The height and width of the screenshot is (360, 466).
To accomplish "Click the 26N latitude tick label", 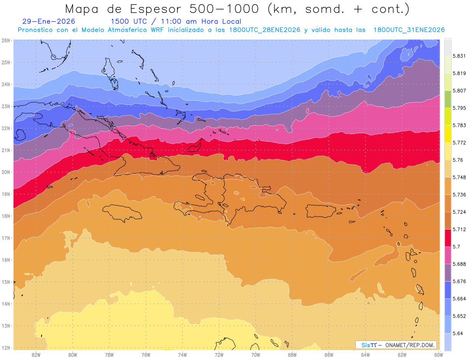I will pyautogui.click(x=6, y=40).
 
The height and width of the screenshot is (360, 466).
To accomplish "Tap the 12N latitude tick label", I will pyautogui.click(x=6, y=348).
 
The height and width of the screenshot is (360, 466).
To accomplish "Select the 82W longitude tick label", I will pyautogui.click(x=36, y=355).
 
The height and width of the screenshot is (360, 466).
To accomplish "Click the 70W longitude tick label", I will pyautogui.click(x=256, y=355).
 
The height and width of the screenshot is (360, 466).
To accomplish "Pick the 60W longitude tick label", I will pyautogui.click(x=439, y=355).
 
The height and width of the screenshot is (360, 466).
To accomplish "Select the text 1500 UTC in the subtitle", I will pyautogui.click(x=129, y=21).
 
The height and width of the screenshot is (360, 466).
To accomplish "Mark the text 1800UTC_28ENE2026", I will pyautogui.click(x=264, y=30).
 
